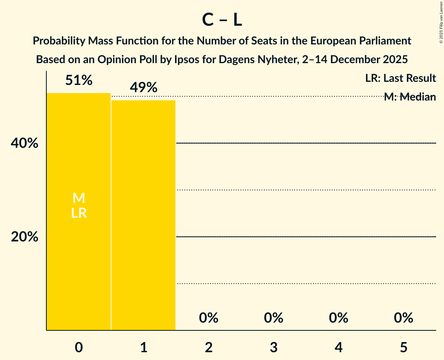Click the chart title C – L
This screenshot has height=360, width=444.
(x=222, y=20)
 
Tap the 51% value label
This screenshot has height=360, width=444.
(x=79, y=81)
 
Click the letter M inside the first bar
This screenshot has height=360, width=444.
(x=79, y=198)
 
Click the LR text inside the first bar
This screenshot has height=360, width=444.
(x=79, y=213)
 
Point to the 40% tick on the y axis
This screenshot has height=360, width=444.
(x=25, y=143)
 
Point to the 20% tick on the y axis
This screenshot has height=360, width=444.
(x=25, y=237)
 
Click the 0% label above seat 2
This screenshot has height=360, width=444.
(x=209, y=318)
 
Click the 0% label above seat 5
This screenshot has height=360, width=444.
(x=403, y=318)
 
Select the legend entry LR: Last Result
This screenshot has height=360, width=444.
(x=400, y=78)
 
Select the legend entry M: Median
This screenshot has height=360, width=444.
(x=410, y=97)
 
